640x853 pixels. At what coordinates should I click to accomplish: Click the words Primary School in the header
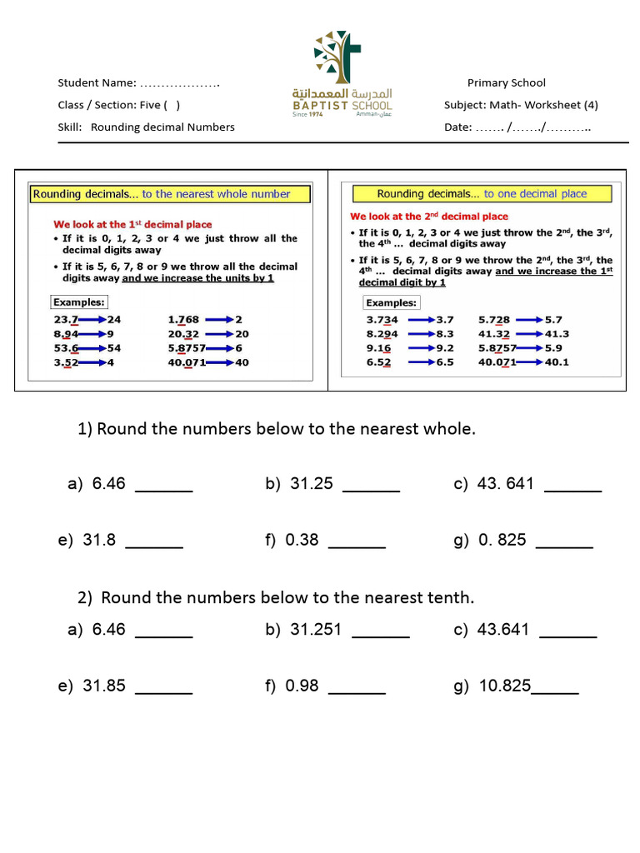pyautogui.click(x=506, y=82)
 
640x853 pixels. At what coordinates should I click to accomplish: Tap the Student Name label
pyautogui.click(x=97, y=82)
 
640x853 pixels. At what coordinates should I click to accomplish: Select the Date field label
pyautogui.click(x=457, y=127)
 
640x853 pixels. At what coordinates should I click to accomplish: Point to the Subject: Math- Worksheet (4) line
pyautogui.click(x=521, y=105)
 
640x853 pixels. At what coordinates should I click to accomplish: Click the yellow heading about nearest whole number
pyautogui.click(x=170, y=194)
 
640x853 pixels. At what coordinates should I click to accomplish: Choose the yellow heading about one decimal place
pyautogui.click(x=482, y=194)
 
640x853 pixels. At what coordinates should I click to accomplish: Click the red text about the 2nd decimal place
pyautogui.click(x=428, y=217)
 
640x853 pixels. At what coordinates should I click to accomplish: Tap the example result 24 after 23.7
pyautogui.click(x=113, y=319)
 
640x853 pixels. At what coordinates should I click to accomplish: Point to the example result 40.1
pyautogui.click(x=557, y=362)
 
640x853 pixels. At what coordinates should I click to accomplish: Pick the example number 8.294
pyautogui.click(x=382, y=334)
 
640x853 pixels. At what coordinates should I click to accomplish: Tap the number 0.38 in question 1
pyautogui.click(x=302, y=540)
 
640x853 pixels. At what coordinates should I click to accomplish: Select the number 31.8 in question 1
pyautogui.click(x=99, y=540)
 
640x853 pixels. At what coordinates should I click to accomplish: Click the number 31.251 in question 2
pyautogui.click(x=316, y=630)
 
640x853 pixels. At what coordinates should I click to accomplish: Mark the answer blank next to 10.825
pyautogui.click(x=555, y=688)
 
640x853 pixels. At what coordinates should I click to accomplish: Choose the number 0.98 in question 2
pyautogui.click(x=302, y=686)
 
